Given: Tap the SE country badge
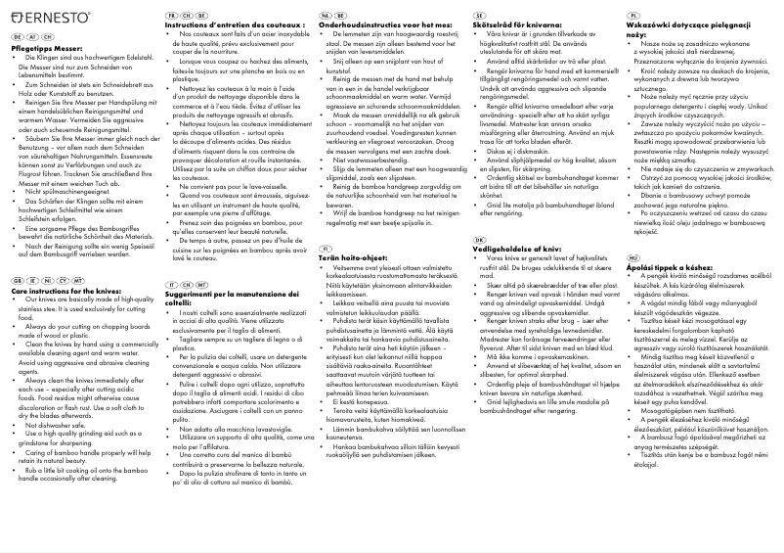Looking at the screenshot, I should coord(478,18).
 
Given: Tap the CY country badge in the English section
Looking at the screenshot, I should coord(71,280).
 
